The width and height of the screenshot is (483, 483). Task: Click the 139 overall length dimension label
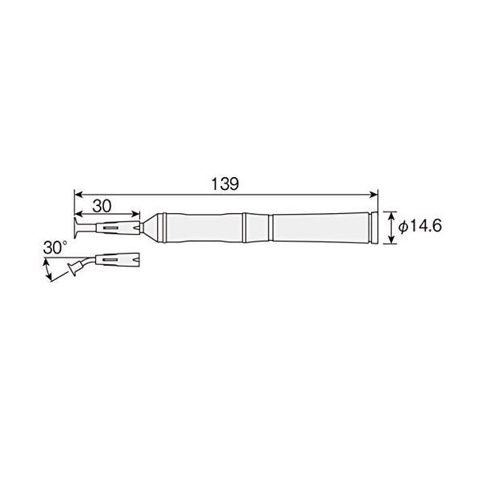coord(225,184)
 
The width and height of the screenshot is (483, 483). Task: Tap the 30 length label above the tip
coord(102,206)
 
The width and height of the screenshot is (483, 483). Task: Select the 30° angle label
coord(55,248)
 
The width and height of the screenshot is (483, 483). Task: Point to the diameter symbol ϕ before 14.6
coord(403,227)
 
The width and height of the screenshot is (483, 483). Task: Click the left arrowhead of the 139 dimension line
coord(79,194)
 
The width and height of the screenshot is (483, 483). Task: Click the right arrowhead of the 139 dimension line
coord(374,194)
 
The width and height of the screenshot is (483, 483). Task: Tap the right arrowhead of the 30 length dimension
coord(136,214)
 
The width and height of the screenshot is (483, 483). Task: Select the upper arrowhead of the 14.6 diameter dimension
coord(391,216)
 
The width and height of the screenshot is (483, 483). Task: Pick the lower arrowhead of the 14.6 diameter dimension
coord(391,240)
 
